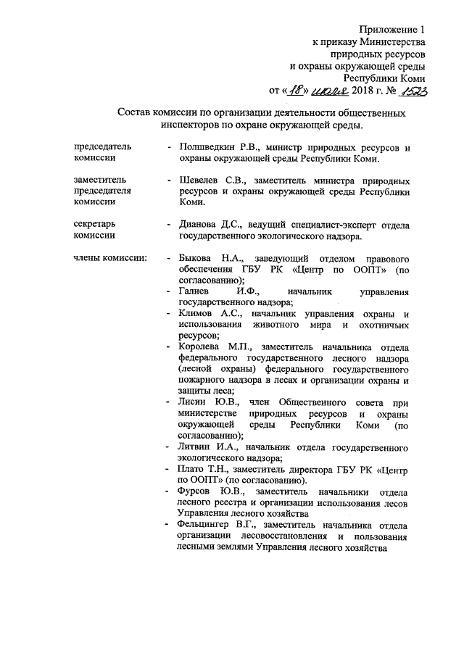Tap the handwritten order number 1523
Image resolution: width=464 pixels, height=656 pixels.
click(x=410, y=91)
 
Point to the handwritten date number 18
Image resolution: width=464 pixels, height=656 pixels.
click(x=294, y=91)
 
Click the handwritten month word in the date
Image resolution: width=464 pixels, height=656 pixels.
click(x=329, y=91)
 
